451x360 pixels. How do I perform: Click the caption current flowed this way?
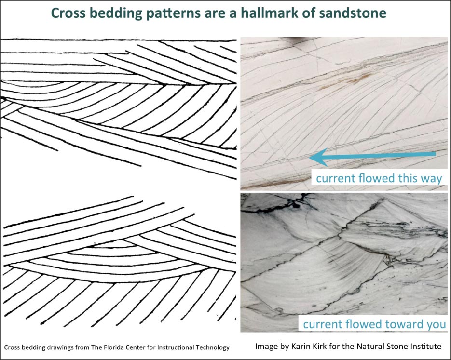pyautogui.click(x=379, y=178)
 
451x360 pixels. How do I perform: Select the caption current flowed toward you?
pyautogui.click(x=374, y=324)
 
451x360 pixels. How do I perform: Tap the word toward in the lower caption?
pyautogui.click(x=403, y=324)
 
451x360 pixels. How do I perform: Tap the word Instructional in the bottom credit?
pyautogui.click(x=177, y=347)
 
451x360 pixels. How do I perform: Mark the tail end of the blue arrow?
pyautogui.click(x=435, y=154)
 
